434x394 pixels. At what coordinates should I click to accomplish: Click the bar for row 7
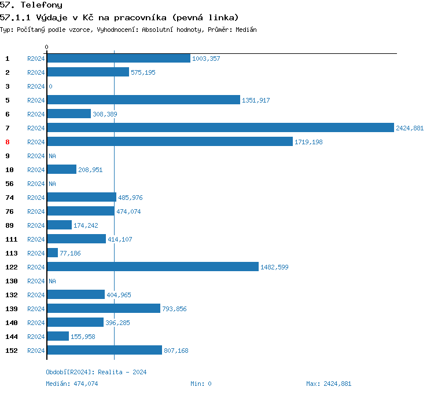point(220,128)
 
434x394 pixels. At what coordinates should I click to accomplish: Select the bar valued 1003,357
point(119,59)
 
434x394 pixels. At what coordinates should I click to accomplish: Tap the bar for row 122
point(153,267)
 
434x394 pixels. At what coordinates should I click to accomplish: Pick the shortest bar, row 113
point(53,253)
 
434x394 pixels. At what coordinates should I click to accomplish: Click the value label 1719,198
point(308,142)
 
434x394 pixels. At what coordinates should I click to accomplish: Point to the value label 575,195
point(143,72)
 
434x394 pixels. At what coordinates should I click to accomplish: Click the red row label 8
point(8,142)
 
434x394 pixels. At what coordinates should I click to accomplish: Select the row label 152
point(11,351)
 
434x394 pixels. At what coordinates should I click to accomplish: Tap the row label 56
point(9,184)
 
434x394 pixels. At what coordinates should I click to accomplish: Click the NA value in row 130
point(52,281)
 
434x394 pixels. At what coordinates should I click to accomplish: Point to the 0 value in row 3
point(50,86)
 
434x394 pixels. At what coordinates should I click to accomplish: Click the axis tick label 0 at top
point(47,47)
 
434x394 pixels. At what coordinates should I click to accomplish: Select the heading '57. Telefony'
point(31,5)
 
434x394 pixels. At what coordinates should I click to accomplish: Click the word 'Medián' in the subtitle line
point(246,30)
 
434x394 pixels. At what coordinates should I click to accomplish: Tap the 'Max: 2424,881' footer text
point(328,384)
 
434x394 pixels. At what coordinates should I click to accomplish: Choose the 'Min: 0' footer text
point(201,384)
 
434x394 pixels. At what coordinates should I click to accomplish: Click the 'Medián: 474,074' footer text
point(72,384)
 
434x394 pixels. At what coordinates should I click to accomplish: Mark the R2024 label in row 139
point(36,309)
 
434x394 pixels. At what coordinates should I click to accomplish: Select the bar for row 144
point(58,337)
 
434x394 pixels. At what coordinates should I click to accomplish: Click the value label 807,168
point(176,351)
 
